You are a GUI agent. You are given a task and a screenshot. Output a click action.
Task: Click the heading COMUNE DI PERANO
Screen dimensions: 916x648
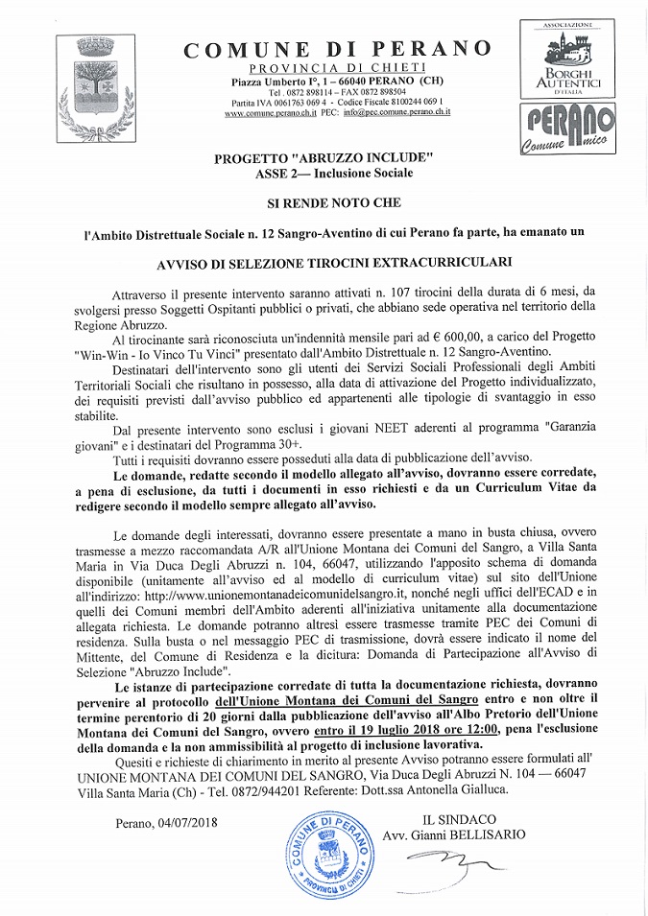pos(337,50)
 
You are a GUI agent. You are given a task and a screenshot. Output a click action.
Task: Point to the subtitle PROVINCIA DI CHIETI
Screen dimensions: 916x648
pos(336,71)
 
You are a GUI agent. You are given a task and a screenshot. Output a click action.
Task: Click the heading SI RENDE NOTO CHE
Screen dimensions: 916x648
pos(335,204)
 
